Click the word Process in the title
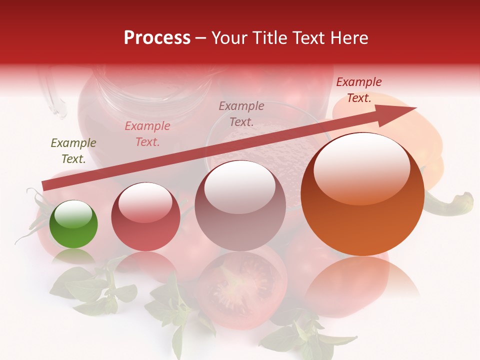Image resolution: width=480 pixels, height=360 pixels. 157,38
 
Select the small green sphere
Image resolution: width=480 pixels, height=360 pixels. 73,224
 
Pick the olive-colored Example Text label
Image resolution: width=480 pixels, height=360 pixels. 73,151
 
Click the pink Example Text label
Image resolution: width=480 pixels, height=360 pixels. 147,134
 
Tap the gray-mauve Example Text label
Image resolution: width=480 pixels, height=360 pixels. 241,113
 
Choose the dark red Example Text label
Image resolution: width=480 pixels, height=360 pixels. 359,90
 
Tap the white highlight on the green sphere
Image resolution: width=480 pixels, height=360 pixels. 73,214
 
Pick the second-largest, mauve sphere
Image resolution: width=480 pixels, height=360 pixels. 240,206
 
